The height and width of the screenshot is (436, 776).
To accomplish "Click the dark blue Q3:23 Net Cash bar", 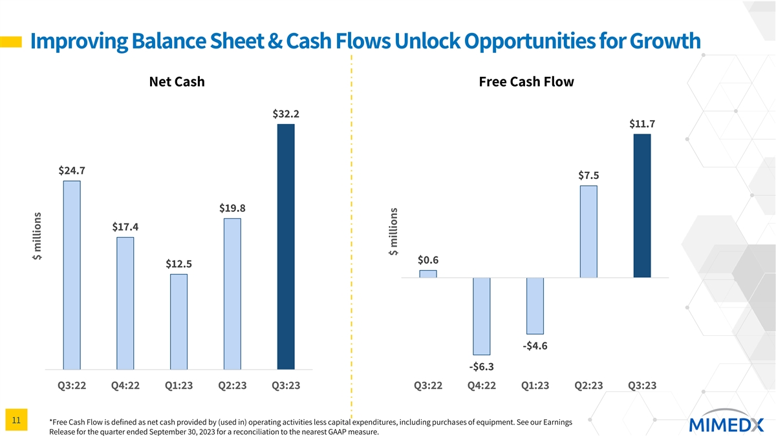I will coord(286,246).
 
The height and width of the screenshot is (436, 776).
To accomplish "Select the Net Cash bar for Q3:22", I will coord(72,275).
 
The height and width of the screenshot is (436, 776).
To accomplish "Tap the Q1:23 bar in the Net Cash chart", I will coord(179,322).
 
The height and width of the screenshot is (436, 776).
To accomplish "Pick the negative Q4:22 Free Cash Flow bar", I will coord(482,316).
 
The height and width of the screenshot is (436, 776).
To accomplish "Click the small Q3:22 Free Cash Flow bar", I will coord(428,274).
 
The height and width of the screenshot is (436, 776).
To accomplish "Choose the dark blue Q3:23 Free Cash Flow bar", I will coord(642,205).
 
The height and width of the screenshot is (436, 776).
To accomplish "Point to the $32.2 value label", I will coord(286,114).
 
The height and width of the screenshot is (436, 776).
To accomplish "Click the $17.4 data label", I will coord(125,227).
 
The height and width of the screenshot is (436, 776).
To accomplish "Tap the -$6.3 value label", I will coord(482,367).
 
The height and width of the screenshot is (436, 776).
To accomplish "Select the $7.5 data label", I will coord(588,176).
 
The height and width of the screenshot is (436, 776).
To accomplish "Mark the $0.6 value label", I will coord(428,260).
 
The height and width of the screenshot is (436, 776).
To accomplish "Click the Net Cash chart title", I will coord(177,82).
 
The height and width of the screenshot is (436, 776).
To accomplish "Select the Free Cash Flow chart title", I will coord(526,82).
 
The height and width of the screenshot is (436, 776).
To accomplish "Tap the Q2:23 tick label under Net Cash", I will coord(232,386).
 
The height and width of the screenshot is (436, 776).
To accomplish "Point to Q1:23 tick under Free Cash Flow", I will coord(535,386).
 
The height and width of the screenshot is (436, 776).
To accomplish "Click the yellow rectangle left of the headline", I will coord(11,42).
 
